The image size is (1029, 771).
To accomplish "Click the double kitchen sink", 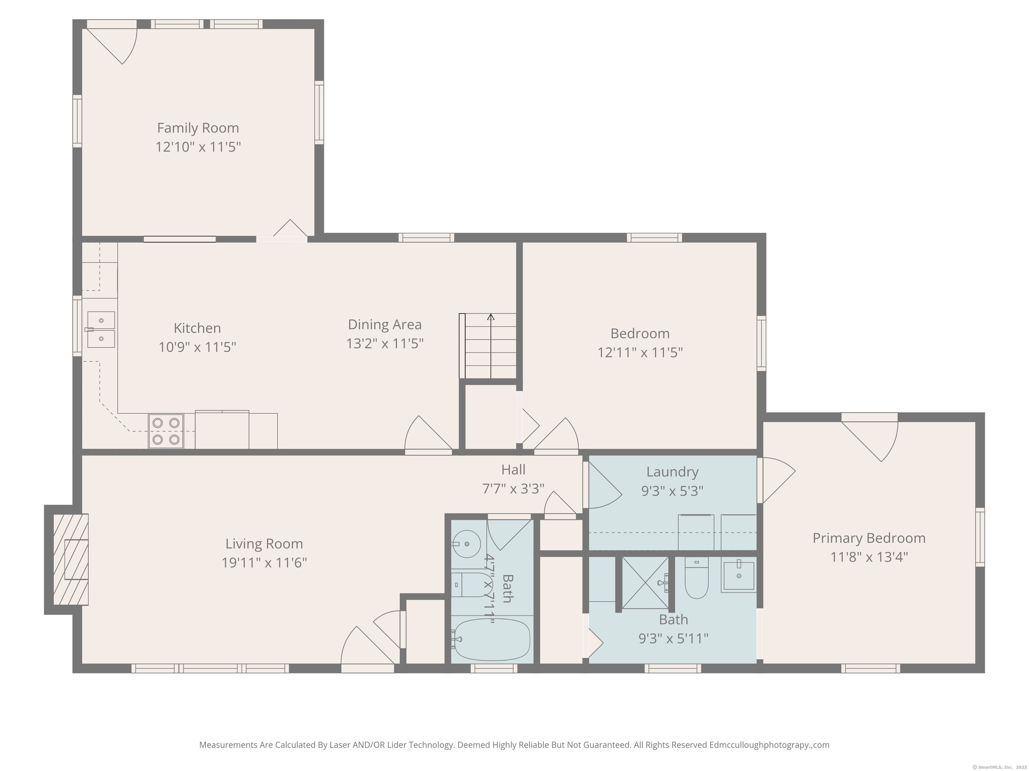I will (101, 330).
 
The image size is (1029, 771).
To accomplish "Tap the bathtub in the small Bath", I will (491, 639).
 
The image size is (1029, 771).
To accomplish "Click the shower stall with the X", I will (645, 582).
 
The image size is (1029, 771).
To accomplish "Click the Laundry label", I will (672, 472).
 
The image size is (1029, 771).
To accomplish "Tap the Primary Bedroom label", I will (869, 538).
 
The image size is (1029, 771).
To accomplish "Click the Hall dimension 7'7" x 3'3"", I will (513, 489).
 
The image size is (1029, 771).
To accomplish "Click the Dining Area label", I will (385, 324).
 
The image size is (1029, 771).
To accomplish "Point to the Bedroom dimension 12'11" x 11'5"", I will (640, 353).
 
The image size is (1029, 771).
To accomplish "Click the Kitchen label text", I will (197, 328).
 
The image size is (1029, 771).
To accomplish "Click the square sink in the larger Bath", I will (738, 575).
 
